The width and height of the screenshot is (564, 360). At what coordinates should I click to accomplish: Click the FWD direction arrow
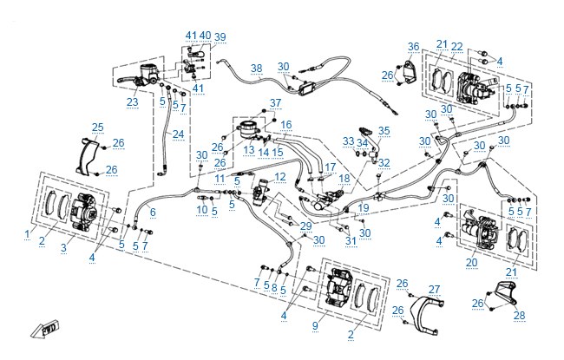point(44,329)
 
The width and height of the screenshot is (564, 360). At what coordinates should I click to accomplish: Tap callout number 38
point(257,69)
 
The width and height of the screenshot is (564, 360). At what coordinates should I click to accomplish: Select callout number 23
point(133,102)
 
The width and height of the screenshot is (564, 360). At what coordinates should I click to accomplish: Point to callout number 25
point(97,128)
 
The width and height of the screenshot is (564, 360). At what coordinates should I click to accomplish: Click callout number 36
point(414,47)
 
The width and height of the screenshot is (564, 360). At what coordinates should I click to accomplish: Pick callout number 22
point(456,47)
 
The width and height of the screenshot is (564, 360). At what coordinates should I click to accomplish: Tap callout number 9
point(316,326)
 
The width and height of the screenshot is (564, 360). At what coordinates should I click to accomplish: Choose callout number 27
point(434,290)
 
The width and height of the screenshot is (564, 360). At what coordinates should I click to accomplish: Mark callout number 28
point(520,316)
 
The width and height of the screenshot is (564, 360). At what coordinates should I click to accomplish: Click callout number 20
point(471,263)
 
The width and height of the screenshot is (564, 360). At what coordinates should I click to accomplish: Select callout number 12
point(280,177)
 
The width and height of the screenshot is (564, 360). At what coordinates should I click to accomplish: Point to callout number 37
point(276,103)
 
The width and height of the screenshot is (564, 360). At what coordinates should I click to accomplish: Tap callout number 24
point(179,134)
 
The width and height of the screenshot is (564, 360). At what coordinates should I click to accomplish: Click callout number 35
point(384,130)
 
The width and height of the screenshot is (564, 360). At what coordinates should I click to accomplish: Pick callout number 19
point(364,207)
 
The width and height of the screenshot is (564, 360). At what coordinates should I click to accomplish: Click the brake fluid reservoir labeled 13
point(247,130)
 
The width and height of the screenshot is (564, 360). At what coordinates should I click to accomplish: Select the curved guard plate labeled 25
point(87,155)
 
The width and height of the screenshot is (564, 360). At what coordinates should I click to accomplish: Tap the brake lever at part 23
point(126,80)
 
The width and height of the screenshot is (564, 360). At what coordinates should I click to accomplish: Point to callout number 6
point(153,213)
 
